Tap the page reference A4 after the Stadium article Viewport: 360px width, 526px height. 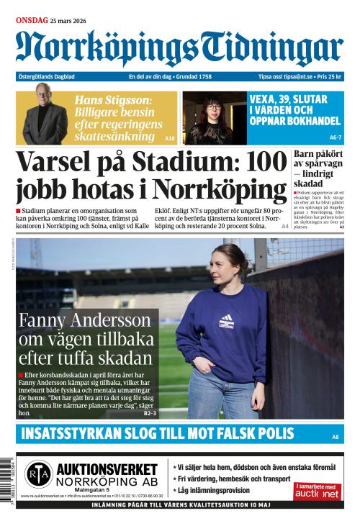pos(284,226)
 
